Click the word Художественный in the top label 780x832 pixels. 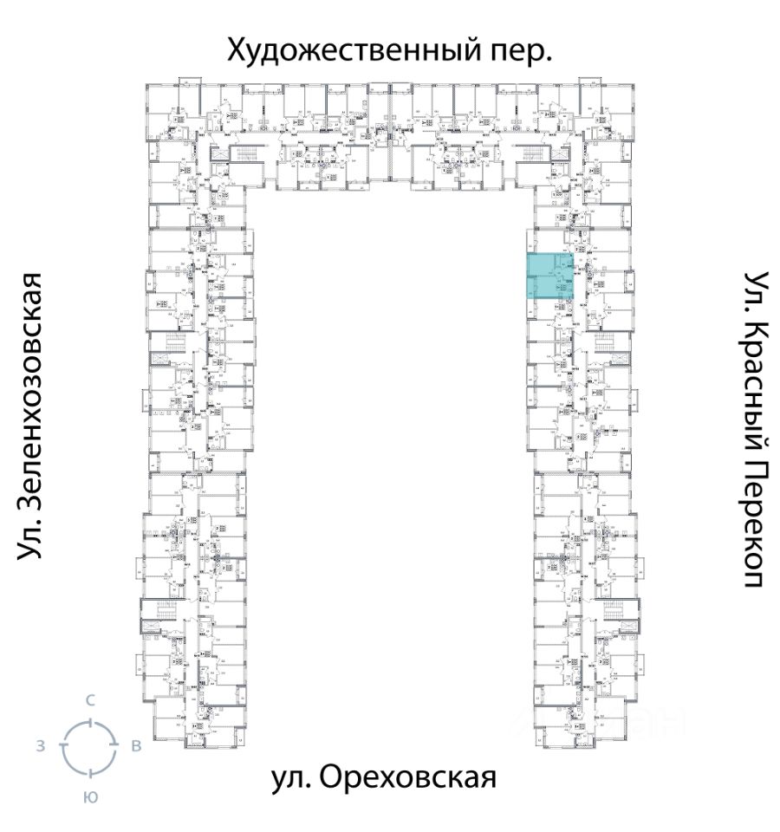click(348, 50)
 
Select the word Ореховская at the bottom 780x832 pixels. click(408, 777)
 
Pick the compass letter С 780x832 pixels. click(89, 700)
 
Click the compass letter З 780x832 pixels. click(41, 747)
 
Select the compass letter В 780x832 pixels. click(136, 747)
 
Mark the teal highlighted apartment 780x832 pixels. click(551, 276)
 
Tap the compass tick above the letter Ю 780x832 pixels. click(89, 774)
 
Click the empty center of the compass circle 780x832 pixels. click(89, 747)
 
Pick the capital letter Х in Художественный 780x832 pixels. click(237, 50)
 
